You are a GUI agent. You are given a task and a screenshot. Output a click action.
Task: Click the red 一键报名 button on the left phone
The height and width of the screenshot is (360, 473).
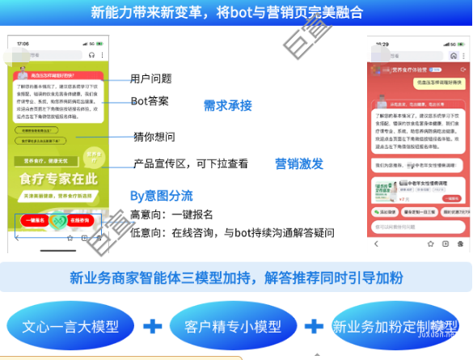coord(32,220)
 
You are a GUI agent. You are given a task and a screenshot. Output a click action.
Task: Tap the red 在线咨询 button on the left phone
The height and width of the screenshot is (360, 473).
coord(79,220)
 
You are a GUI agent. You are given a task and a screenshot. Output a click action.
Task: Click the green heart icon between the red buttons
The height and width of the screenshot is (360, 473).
coord(57,220)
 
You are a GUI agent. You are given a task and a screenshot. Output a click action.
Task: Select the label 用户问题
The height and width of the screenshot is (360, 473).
coord(151,78)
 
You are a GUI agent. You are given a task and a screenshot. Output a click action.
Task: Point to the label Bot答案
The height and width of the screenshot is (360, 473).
coord(150,101)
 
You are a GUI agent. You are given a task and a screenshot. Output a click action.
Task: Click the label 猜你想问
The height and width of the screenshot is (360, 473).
coord(154,136)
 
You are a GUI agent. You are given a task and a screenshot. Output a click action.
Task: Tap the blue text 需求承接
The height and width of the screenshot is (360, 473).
coord(227,105)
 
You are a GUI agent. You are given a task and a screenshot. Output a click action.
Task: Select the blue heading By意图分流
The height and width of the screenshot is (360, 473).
coord(162,195)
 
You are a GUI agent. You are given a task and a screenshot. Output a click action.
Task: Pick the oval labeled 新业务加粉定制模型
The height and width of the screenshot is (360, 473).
coord(394,326)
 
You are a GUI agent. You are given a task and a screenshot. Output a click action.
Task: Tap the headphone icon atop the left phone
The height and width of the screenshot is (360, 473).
coord(91,55)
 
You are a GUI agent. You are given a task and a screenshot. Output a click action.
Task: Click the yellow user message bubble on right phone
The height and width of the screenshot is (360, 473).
coord(426,83)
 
